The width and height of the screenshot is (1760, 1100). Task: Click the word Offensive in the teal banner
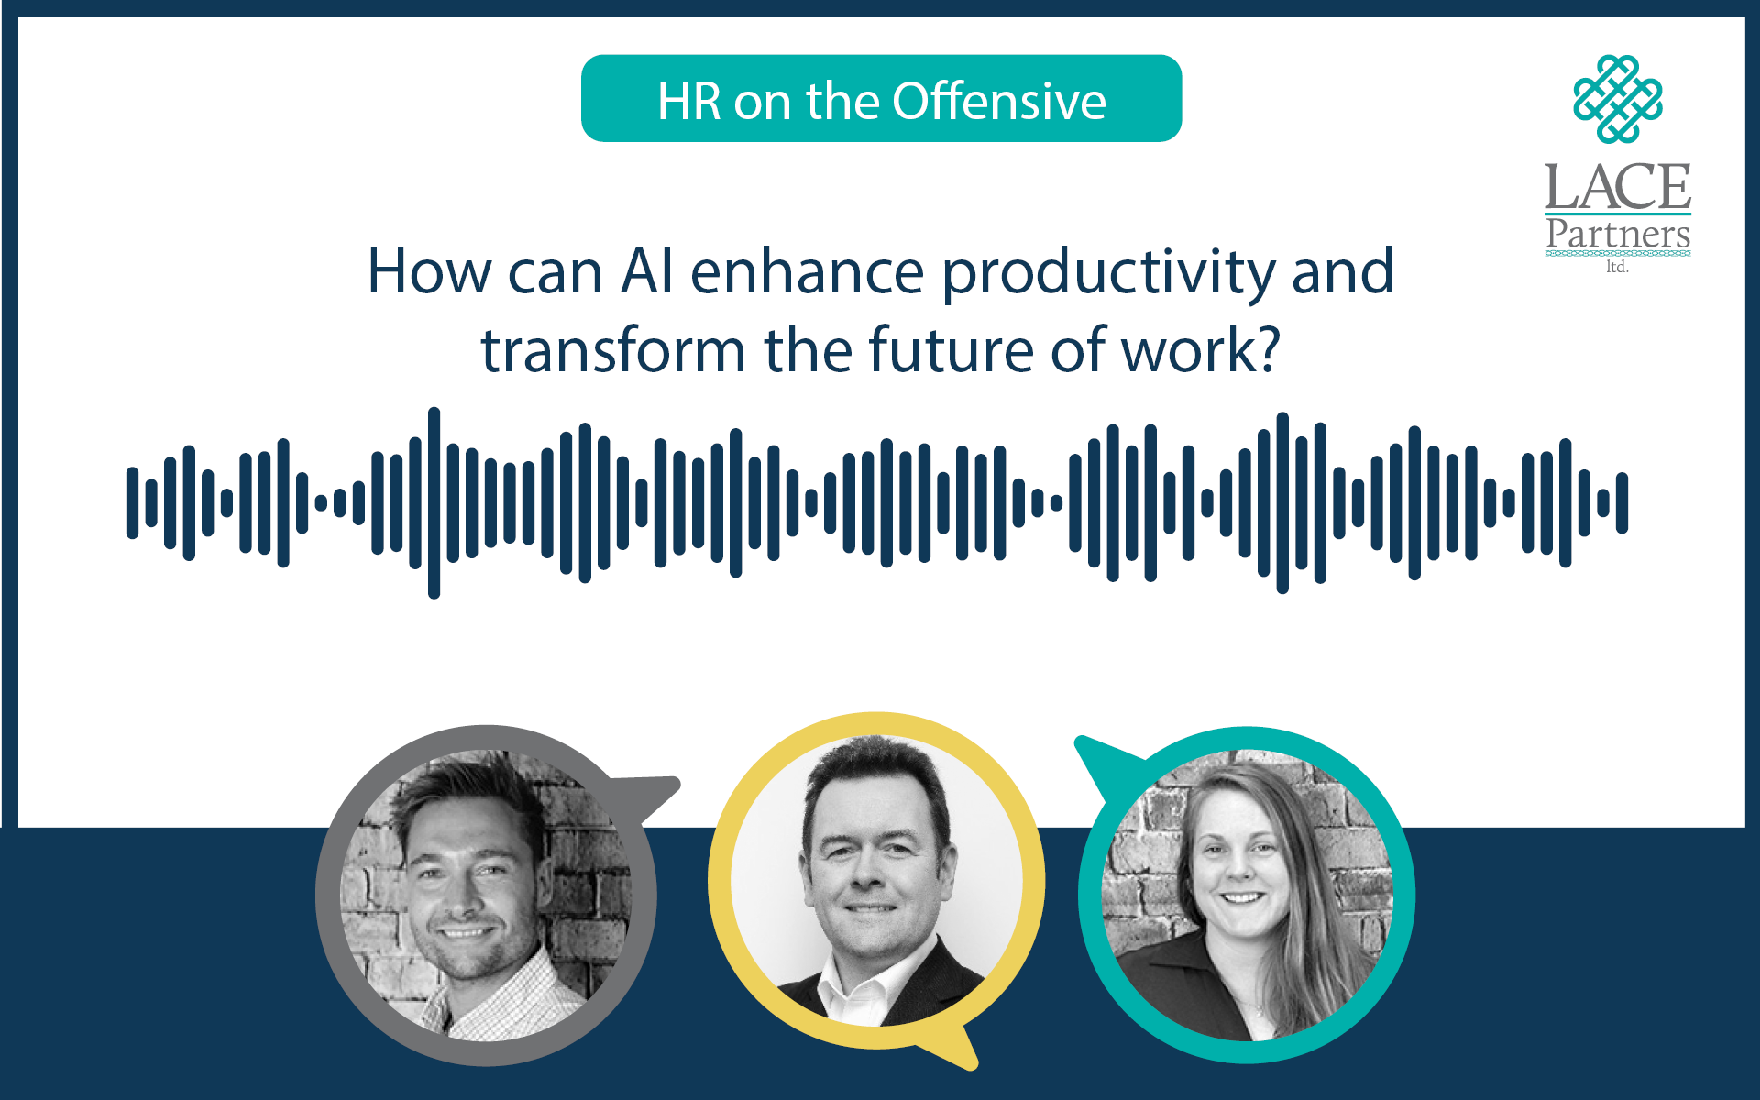pyautogui.click(x=999, y=101)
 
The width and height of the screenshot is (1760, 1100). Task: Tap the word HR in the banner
pyautogui.click(x=689, y=101)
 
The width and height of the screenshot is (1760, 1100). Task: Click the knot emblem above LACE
pyautogui.click(x=1618, y=99)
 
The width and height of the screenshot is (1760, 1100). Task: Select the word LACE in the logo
pyautogui.click(x=1618, y=187)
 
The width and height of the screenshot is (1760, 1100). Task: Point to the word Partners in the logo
pyautogui.click(x=1618, y=234)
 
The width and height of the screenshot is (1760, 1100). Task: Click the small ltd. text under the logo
pyautogui.click(x=1617, y=267)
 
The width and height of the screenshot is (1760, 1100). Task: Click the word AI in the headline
pyautogui.click(x=647, y=271)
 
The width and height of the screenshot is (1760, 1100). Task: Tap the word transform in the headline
pyautogui.click(x=613, y=350)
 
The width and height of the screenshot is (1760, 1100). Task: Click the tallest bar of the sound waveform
pyautogui.click(x=434, y=502)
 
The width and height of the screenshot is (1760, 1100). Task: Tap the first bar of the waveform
pyautogui.click(x=133, y=502)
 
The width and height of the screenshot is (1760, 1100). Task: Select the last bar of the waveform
pyautogui.click(x=1622, y=502)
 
